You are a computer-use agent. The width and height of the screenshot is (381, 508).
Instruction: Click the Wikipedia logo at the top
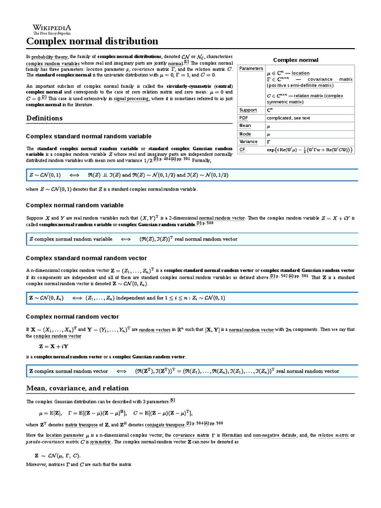click(x=52, y=29)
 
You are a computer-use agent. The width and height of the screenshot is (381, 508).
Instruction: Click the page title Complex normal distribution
click(x=92, y=41)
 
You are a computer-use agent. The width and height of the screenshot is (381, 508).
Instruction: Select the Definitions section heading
click(x=44, y=118)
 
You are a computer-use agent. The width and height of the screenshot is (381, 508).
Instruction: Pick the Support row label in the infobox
click(x=248, y=110)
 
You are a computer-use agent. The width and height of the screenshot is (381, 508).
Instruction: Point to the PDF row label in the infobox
click(x=244, y=118)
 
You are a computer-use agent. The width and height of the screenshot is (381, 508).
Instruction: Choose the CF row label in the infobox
click(x=243, y=149)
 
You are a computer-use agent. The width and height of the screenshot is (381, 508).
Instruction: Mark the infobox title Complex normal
click(x=296, y=60)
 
